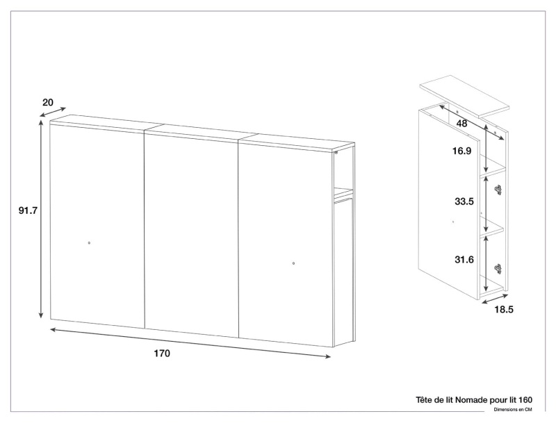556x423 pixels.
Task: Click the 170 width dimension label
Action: (x=162, y=354)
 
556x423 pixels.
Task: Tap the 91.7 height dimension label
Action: (x=28, y=210)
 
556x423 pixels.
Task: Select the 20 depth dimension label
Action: (x=48, y=102)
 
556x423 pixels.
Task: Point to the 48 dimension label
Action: (x=461, y=124)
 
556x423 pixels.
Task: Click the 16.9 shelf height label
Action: (x=461, y=151)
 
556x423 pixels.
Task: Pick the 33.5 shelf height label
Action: (x=464, y=201)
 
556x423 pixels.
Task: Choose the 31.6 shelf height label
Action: (x=464, y=260)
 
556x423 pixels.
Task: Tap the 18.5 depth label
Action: (x=504, y=310)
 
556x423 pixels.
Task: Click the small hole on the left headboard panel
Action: (x=89, y=242)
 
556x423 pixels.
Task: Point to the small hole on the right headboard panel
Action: (x=293, y=263)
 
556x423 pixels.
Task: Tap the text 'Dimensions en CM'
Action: (x=513, y=410)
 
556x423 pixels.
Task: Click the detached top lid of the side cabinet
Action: (x=464, y=96)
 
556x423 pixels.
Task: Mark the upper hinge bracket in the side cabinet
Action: (x=498, y=190)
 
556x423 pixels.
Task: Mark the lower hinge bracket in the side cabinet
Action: (x=498, y=269)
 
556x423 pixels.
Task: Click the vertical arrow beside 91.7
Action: (x=41, y=219)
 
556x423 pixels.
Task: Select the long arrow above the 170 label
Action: (x=190, y=343)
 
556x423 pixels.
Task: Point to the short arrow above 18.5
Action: (x=495, y=298)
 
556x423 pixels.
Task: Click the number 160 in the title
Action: (x=525, y=400)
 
